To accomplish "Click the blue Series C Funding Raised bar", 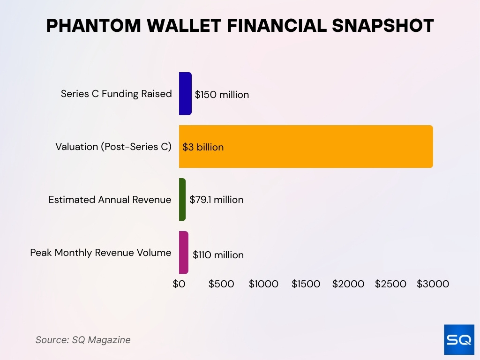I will pyautogui.click(x=185, y=94).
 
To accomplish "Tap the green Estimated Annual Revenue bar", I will pyautogui.click(x=182, y=200).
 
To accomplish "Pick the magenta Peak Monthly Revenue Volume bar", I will pyautogui.click(x=183, y=253).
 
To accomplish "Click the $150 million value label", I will pyautogui.click(x=222, y=95).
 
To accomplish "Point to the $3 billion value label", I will pyautogui.click(x=203, y=147).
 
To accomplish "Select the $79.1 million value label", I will pyautogui.click(x=217, y=200).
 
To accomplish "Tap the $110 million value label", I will pyautogui.click(x=218, y=255).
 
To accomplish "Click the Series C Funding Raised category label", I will pyautogui.click(x=116, y=94).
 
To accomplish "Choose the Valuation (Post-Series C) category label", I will pyautogui.click(x=113, y=147).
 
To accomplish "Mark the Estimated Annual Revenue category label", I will pyautogui.click(x=110, y=200).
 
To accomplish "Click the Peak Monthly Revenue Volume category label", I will pyautogui.click(x=101, y=253).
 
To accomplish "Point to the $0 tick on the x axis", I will pyautogui.click(x=179, y=284).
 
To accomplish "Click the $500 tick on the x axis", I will pyautogui.click(x=221, y=284).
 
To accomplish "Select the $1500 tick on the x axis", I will pyautogui.click(x=306, y=284).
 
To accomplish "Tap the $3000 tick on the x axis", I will pyautogui.click(x=433, y=284).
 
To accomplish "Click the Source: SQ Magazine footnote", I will pyautogui.click(x=83, y=340).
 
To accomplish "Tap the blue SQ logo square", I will pyautogui.click(x=459, y=339).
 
